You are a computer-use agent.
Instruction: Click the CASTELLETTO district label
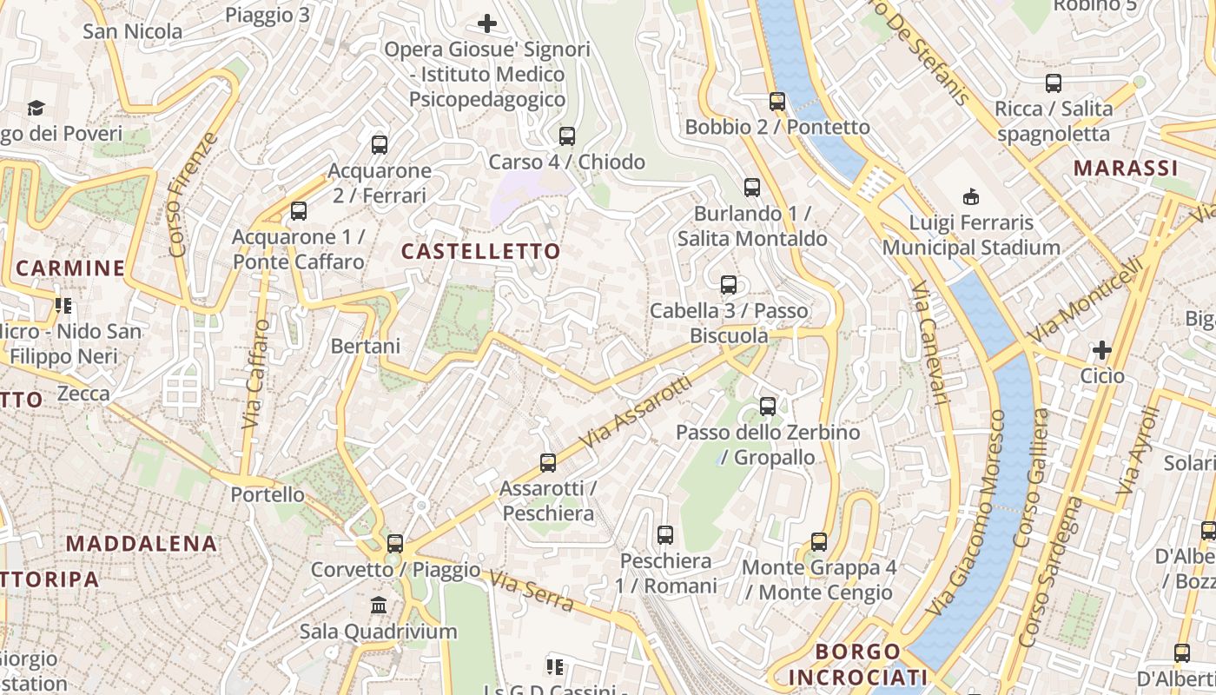480,252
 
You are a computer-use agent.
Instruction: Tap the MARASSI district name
1125,168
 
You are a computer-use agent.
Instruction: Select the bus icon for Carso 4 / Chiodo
567,136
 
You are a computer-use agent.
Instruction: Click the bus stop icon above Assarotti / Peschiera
548,463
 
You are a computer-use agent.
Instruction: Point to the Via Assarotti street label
638,412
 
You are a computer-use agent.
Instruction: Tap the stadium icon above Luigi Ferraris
971,197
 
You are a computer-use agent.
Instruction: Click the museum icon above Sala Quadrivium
379,605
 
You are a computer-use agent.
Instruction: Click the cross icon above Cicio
1102,350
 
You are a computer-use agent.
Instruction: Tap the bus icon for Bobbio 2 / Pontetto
777,102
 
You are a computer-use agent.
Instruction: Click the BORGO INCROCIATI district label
858,665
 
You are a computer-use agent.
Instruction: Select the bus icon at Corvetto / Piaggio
395,544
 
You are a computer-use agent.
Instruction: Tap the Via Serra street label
529,591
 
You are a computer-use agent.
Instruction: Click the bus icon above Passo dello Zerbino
768,406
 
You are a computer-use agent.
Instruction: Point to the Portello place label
268,495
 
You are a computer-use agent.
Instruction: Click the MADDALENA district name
142,544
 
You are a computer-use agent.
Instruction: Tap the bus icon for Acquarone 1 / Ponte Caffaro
299,211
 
